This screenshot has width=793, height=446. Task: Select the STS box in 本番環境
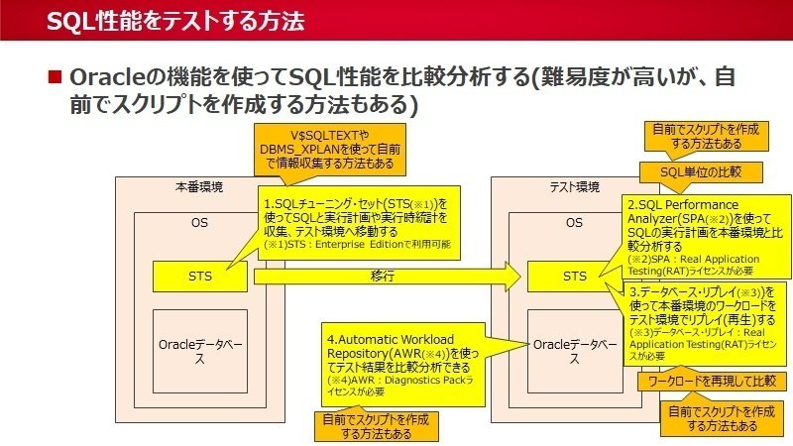[x=199, y=277]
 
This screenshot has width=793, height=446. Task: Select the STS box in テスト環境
[x=573, y=277]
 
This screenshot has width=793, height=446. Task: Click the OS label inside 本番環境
[x=199, y=223]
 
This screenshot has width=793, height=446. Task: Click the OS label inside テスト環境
[x=573, y=223]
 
